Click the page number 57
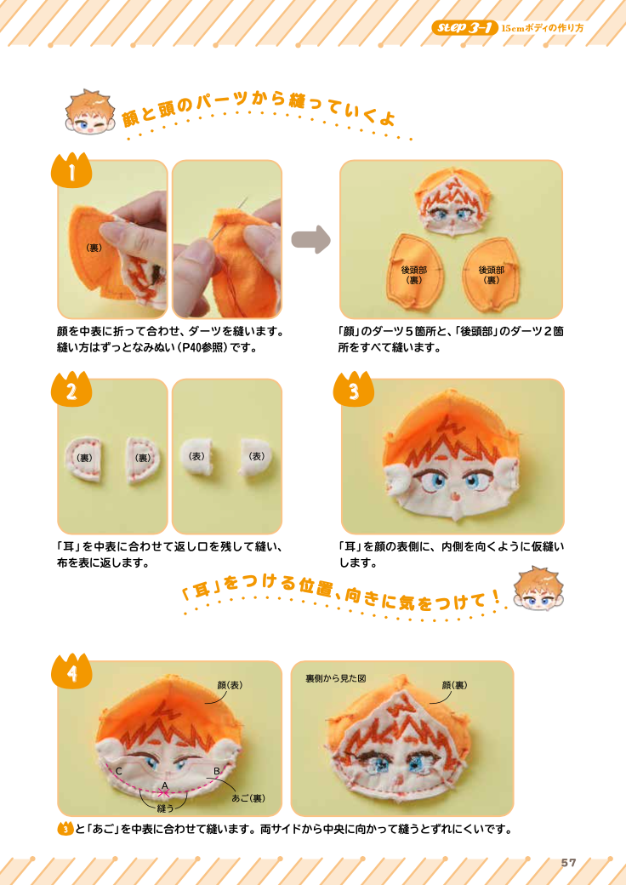pyautogui.click(x=568, y=862)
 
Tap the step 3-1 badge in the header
pyautogui.click(x=464, y=28)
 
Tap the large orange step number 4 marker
pyautogui.click(x=73, y=672)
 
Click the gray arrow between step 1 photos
pyautogui.click(x=310, y=239)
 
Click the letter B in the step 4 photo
pyautogui.click(x=217, y=771)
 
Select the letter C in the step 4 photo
pyautogui.click(x=120, y=771)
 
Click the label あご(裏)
pyautogui.click(x=249, y=798)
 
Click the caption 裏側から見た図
pyautogui.click(x=335, y=678)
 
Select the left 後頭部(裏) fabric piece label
pyautogui.click(x=414, y=274)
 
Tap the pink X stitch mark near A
pyautogui.click(x=163, y=793)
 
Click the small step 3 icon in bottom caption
pyautogui.click(x=65, y=829)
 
